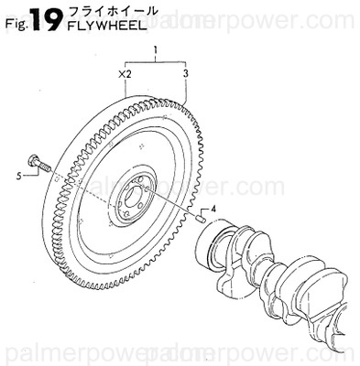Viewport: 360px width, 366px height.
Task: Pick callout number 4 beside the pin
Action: pyautogui.click(x=213, y=210)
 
